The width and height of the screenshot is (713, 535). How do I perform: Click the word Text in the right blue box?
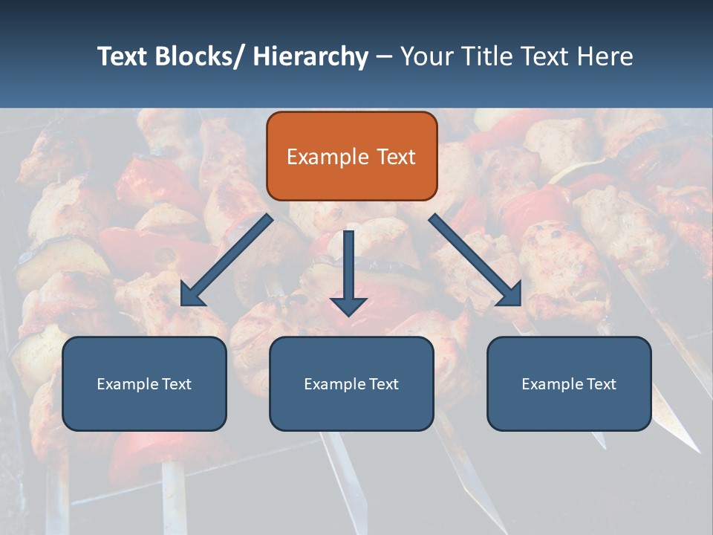pyautogui.click(x=600, y=384)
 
